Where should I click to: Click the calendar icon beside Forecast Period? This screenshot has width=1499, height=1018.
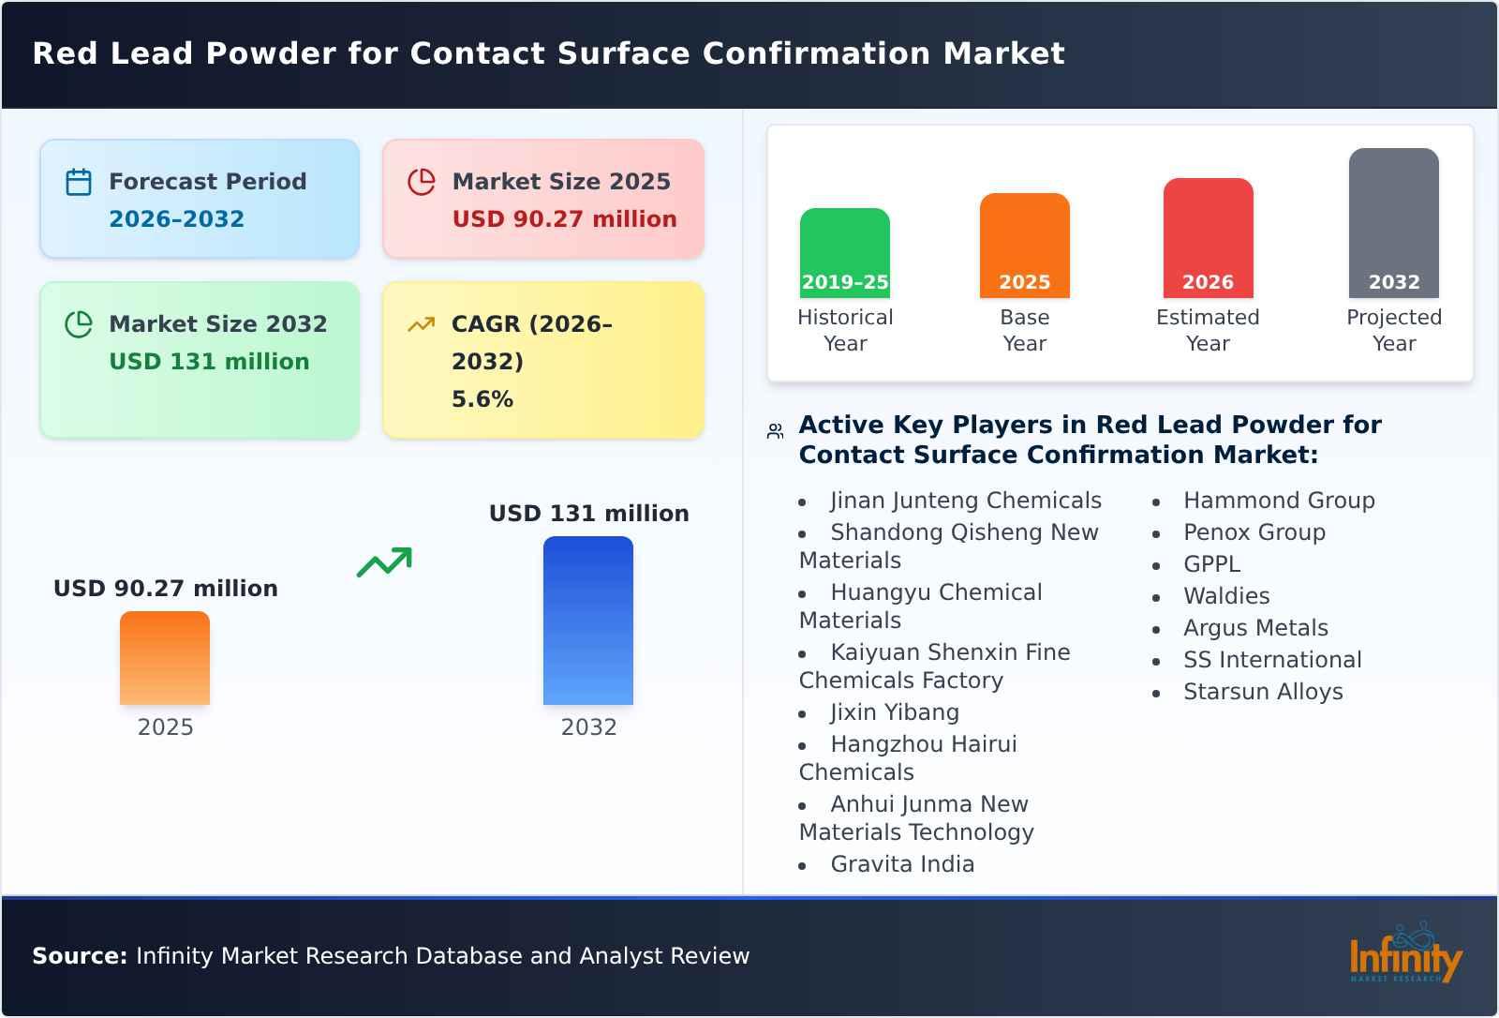pos(79,182)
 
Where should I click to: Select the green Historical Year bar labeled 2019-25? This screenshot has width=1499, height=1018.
pos(844,253)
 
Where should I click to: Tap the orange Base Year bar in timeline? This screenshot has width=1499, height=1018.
pos(1024,246)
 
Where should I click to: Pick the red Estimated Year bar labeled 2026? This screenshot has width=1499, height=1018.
pos(1208,238)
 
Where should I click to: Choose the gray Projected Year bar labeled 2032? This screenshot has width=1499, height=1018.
pos(1393,223)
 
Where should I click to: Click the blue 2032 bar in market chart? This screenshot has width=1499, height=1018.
pos(588,621)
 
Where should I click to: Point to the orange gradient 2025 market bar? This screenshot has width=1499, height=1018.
pos(165,658)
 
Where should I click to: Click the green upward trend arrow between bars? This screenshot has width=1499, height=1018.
pos(384,562)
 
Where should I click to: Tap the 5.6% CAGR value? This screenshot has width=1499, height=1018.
pos(482,399)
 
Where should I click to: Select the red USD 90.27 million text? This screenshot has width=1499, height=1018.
pos(564,219)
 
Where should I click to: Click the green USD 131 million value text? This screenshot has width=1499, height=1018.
pos(209,362)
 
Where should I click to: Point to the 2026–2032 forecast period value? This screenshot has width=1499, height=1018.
pos(176,219)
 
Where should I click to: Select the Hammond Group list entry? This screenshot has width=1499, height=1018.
pos(1279,501)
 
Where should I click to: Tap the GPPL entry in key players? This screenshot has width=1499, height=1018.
pos(1211,564)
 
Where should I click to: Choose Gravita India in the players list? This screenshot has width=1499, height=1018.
pos(902,864)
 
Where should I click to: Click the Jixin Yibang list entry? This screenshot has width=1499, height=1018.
pos(895,712)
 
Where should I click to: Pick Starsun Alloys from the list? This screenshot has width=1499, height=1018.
pos(1263,692)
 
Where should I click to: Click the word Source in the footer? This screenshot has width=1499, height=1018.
pos(79,956)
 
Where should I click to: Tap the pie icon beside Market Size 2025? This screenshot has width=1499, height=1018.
pos(422,182)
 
